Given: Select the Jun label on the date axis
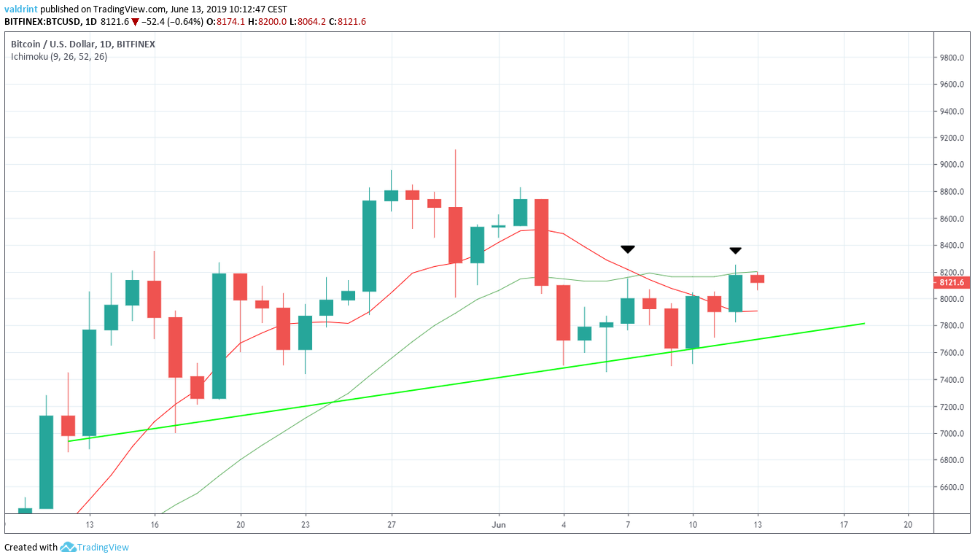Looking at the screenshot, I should click(x=499, y=524).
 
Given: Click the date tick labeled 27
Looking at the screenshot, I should click(x=392, y=524).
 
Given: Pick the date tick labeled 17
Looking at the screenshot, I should click(x=844, y=524).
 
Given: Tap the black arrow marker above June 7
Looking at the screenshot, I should click(x=627, y=249).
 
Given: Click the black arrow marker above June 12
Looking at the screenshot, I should click(x=736, y=251).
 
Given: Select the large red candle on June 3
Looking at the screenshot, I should click(x=542, y=242).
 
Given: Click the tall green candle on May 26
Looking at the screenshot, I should click(x=369, y=246).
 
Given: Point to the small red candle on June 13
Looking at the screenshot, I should click(x=757, y=279).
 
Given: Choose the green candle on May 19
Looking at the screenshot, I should click(x=219, y=336).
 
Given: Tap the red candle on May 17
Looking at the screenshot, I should click(x=176, y=347).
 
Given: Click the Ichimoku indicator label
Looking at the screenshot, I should click(x=59, y=57).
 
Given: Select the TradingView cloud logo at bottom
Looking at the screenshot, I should click(x=69, y=547).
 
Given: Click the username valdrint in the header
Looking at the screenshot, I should click(x=20, y=9).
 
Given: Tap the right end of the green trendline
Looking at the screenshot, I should click(x=864, y=323).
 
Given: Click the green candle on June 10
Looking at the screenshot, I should click(x=693, y=322).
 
